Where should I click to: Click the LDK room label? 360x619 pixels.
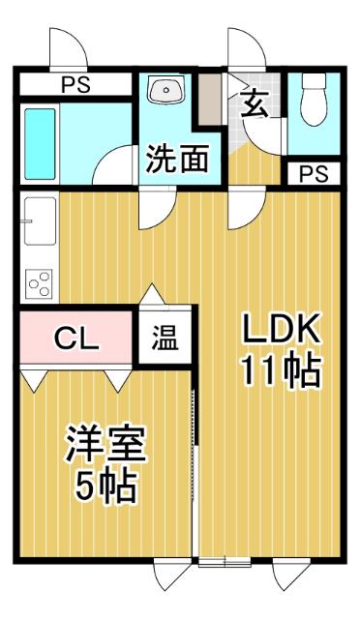tap(280, 331)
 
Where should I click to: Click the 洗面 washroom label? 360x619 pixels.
tap(178, 160)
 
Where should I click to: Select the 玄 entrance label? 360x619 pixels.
tap(255, 103)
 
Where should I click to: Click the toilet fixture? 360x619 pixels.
tap(315, 101)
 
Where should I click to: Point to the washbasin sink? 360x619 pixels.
tap(166, 93)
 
